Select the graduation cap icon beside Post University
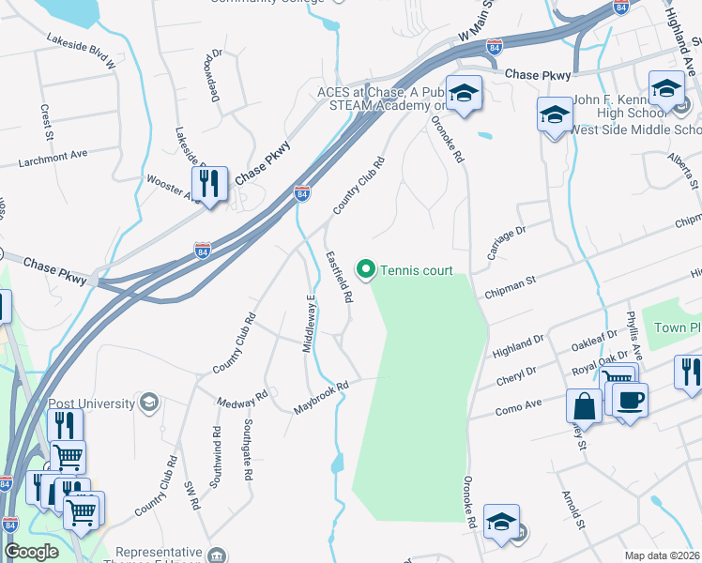148,403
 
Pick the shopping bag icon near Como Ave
584,407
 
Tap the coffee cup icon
630,399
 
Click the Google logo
31,552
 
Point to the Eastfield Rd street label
338,276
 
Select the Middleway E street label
308,324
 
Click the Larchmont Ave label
53,158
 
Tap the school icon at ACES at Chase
463,94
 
